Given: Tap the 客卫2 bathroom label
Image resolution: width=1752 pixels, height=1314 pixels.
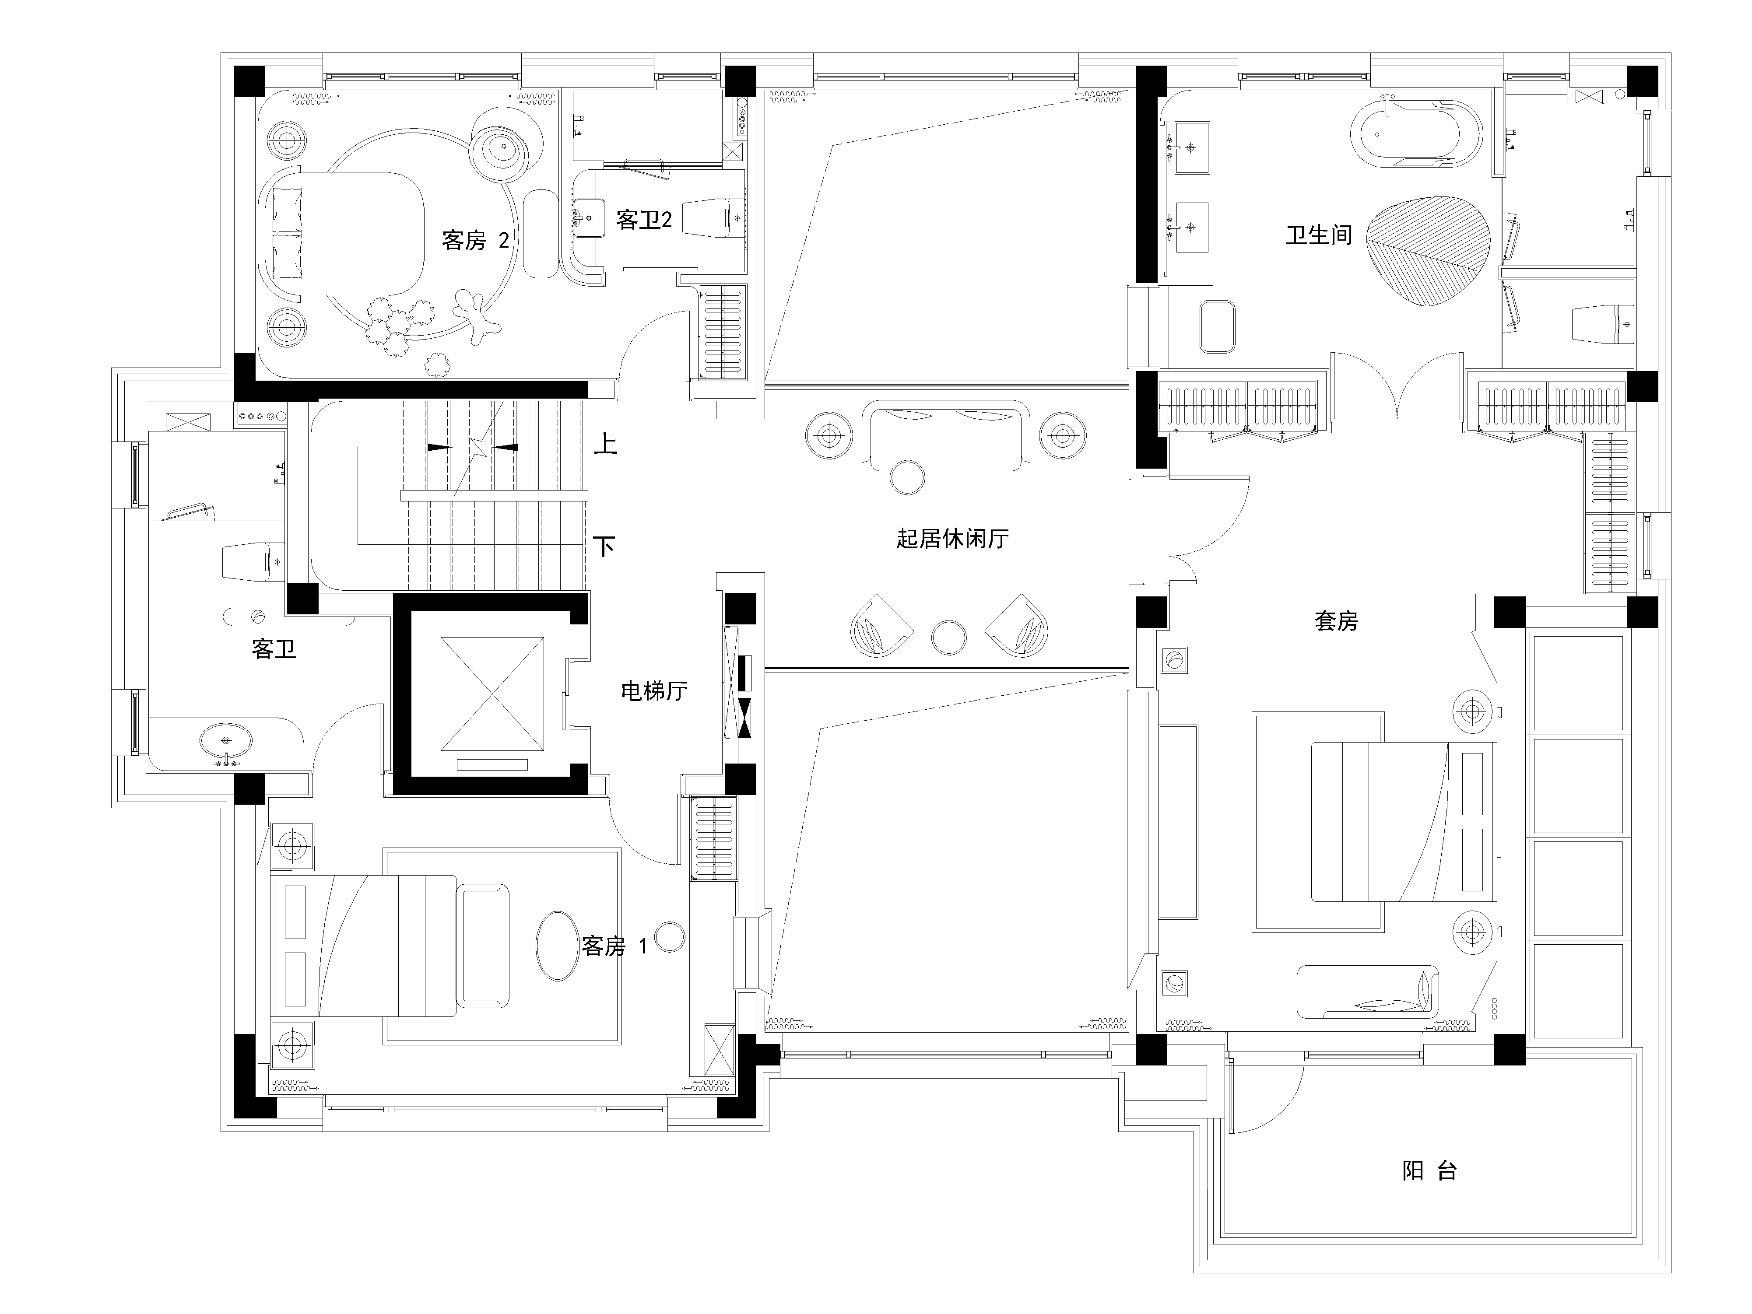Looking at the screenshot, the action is click(644, 219).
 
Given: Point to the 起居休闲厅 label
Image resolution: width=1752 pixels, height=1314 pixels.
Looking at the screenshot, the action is click(953, 539).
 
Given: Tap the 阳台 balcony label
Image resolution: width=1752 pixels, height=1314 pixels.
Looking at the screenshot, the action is click(1429, 1170).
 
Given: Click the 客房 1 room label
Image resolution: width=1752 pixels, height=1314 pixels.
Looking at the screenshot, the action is click(614, 946).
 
